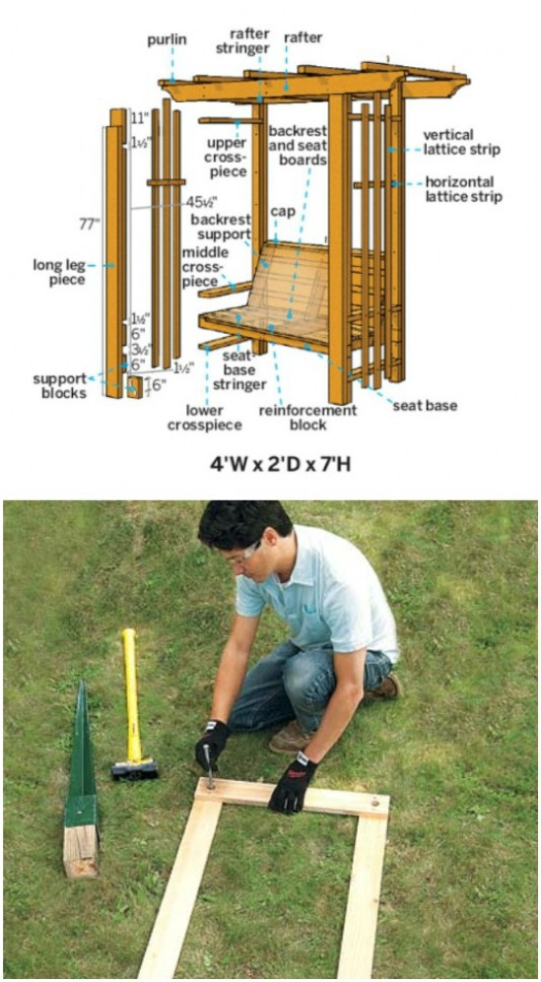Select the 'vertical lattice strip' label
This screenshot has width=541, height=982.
tap(462, 142)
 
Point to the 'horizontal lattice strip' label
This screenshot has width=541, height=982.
tap(464, 190)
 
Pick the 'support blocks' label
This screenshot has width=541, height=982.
tap(59, 385)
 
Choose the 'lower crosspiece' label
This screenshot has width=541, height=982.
tap(204, 419)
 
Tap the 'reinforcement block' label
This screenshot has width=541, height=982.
tap(307, 418)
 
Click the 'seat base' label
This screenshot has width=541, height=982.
tap(425, 406)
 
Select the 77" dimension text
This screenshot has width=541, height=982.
tap(90, 225)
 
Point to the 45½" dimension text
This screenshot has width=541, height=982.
tap(201, 202)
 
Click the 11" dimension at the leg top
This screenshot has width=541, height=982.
tap(141, 117)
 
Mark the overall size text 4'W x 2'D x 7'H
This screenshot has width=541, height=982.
tap(279, 465)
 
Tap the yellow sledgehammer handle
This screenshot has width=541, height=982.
tap(131, 694)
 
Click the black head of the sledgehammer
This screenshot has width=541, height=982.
tap(134, 768)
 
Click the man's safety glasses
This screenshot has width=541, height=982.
tap(248, 553)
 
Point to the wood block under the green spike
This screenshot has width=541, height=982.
tap(81, 849)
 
